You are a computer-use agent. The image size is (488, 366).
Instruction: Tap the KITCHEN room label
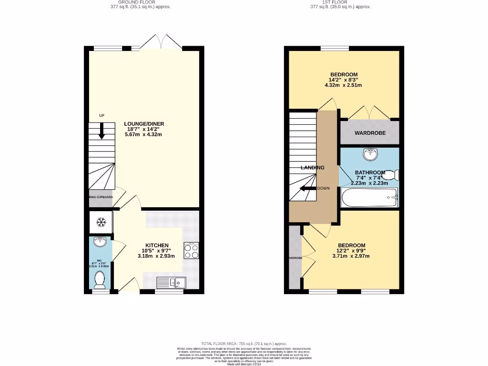pyautogui.click(x=157, y=245)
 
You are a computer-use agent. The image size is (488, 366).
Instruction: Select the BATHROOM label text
pyautogui.click(x=370, y=173)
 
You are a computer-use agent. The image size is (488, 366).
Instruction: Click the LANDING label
pyautogui.click(x=312, y=167)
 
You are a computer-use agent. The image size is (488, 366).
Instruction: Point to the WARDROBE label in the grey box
pyautogui.click(x=370, y=133)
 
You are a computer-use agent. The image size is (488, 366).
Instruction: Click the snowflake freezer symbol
pyautogui.click(x=101, y=222)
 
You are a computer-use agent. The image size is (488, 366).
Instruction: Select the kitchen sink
pyautogui.click(x=171, y=283)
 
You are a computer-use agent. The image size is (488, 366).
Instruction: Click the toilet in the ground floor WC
pyautogui.click(x=100, y=280)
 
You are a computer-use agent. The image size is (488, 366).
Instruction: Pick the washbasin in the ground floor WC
pyautogui.click(x=101, y=243)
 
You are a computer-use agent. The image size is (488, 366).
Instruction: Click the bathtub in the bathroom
pyautogui.click(x=369, y=197)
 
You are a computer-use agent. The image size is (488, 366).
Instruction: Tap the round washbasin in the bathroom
pyautogui.click(x=370, y=154)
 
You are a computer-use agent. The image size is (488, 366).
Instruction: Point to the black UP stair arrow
pyautogui.click(x=102, y=131)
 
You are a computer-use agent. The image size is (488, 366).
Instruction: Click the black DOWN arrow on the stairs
pyautogui.click(x=307, y=188)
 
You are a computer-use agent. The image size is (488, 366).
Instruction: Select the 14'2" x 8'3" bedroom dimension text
pyautogui.click(x=344, y=80)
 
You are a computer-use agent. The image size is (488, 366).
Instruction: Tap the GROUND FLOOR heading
pyautogui.click(x=138, y=2)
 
